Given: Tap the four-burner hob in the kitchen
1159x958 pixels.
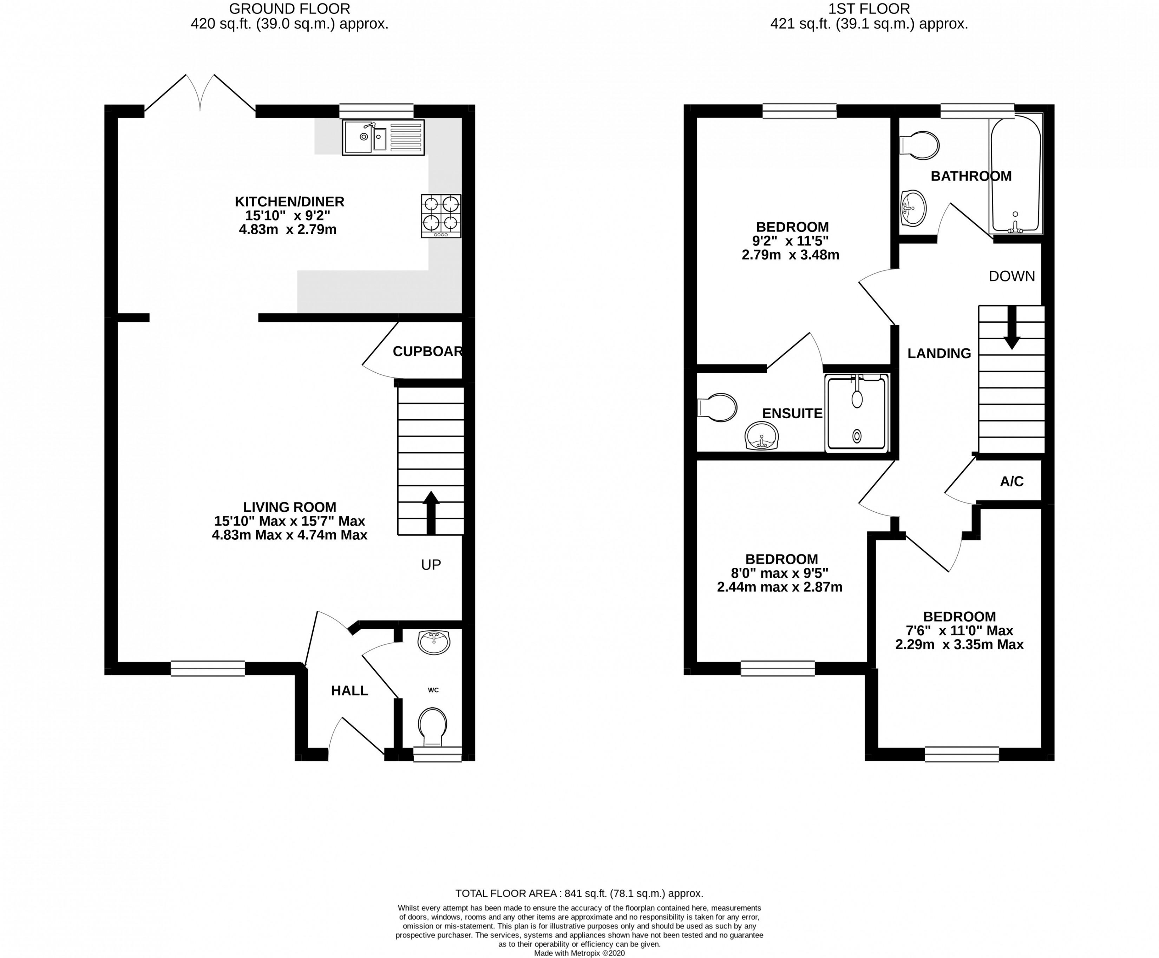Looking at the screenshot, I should (441, 216).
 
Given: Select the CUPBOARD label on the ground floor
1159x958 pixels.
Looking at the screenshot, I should (427, 352).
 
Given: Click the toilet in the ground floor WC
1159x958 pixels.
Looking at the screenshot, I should (433, 727).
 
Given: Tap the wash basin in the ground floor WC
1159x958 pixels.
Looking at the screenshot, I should (434, 642).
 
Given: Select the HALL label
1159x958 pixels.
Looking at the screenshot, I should (349, 691).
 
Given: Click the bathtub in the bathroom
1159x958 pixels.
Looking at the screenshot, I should (1015, 176).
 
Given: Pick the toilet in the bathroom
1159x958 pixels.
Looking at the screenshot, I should (921, 145).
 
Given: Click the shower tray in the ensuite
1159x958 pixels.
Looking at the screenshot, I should (857, 413).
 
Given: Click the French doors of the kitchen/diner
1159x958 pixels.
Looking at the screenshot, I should (200, 94).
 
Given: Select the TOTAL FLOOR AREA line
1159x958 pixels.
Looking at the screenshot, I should (579, 893).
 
